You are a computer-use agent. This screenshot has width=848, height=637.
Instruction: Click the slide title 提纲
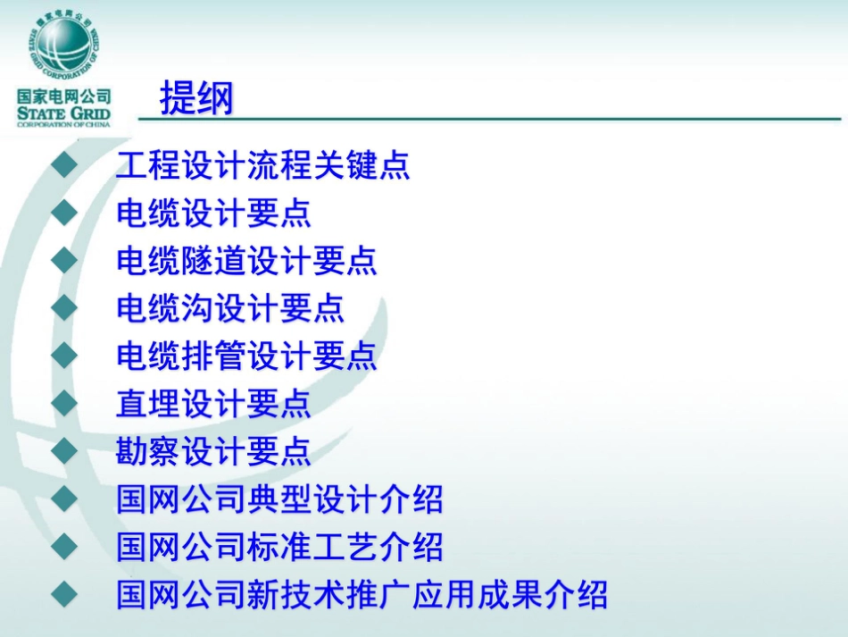pos(196,98)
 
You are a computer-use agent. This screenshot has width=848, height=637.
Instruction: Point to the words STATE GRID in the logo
pos(63,113)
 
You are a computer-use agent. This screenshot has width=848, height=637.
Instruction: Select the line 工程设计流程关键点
pos(263,166)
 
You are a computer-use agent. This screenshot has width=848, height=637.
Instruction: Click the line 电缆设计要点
pos(214,214)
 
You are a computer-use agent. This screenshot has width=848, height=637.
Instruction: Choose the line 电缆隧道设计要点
pos(247,261)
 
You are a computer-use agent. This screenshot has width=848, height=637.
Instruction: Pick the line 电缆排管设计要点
pos(247,356)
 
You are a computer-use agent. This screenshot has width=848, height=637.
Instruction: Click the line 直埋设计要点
pos(214,404)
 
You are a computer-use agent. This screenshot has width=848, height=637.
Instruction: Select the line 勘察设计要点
pos(214,451)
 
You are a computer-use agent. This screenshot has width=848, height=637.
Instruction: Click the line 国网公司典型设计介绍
pos(279,499)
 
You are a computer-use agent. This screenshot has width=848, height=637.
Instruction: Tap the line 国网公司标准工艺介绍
pos(279,547)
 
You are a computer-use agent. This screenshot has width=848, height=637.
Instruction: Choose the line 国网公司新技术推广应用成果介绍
pos(362,594)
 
